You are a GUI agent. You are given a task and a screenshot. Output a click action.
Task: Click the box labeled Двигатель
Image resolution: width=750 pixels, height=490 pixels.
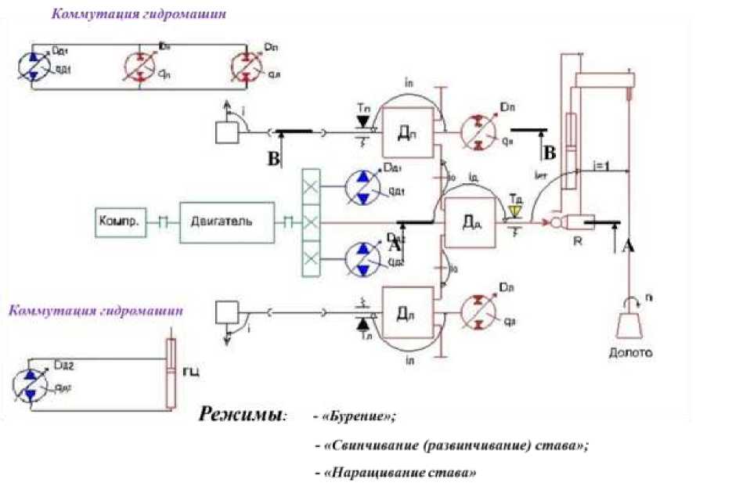click(226, 221)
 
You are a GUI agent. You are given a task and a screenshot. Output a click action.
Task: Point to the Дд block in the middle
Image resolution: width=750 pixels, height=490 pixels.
click(470, 223)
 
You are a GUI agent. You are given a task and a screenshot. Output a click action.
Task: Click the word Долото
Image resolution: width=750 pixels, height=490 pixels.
click(631, 353)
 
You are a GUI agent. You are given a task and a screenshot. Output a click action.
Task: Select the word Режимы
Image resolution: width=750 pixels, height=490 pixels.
click(242, 414)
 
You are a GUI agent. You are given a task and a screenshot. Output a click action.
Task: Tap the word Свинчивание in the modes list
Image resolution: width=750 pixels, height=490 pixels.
click(372, 445)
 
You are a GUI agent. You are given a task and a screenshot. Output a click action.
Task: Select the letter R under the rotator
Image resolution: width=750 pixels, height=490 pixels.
click(579, 241)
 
